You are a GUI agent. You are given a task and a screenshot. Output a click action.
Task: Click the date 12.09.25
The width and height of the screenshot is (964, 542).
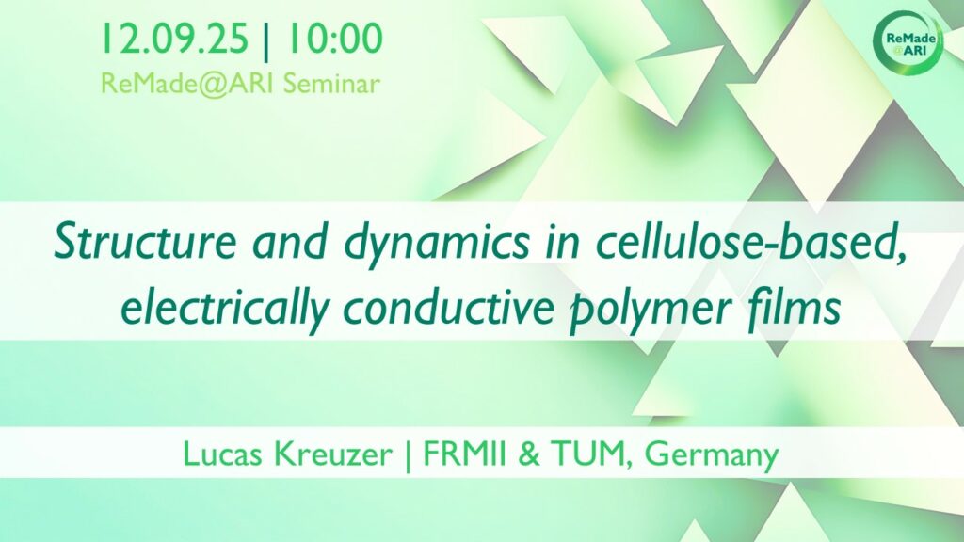pyautogui.click(x=174, y=38)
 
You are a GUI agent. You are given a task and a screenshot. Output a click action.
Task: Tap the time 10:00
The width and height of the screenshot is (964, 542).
pyautogui.click(x=332, y=38)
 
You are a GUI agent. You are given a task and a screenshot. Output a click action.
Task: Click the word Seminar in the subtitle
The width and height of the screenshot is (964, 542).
pyautogui.click(x=331, y=84)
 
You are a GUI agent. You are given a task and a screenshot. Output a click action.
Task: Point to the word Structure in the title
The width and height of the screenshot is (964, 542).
pyautogui.click(x=145, y=242)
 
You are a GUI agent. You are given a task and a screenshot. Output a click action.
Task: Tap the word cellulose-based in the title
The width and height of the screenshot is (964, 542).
pyautogui.click(x=751, y=244)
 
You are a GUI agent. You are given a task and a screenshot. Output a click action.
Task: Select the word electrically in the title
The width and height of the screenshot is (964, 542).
pyautogui.click(x=224, y=309)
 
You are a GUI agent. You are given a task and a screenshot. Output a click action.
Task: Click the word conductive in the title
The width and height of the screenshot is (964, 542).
pyautogui.click(x=448, y=309)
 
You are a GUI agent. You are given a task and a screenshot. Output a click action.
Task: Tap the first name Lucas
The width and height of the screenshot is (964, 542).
pyautogui.click(x=224, y=454)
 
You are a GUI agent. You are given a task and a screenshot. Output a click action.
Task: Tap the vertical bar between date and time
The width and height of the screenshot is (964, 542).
pyautogui.click(x=265, y=40)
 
